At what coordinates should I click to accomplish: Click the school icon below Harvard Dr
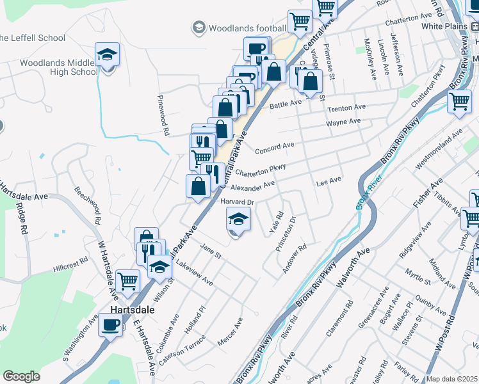click(238, 220)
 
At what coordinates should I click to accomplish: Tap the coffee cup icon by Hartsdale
click(110, 325)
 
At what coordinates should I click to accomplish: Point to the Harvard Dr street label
click(238, 202)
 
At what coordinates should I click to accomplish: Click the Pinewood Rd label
click(164, 116)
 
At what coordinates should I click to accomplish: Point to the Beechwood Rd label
click(88, 204)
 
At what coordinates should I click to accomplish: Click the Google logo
click(21, 376)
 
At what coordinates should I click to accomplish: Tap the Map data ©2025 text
click(451, 379)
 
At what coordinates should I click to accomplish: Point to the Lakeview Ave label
click(194, 271)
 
